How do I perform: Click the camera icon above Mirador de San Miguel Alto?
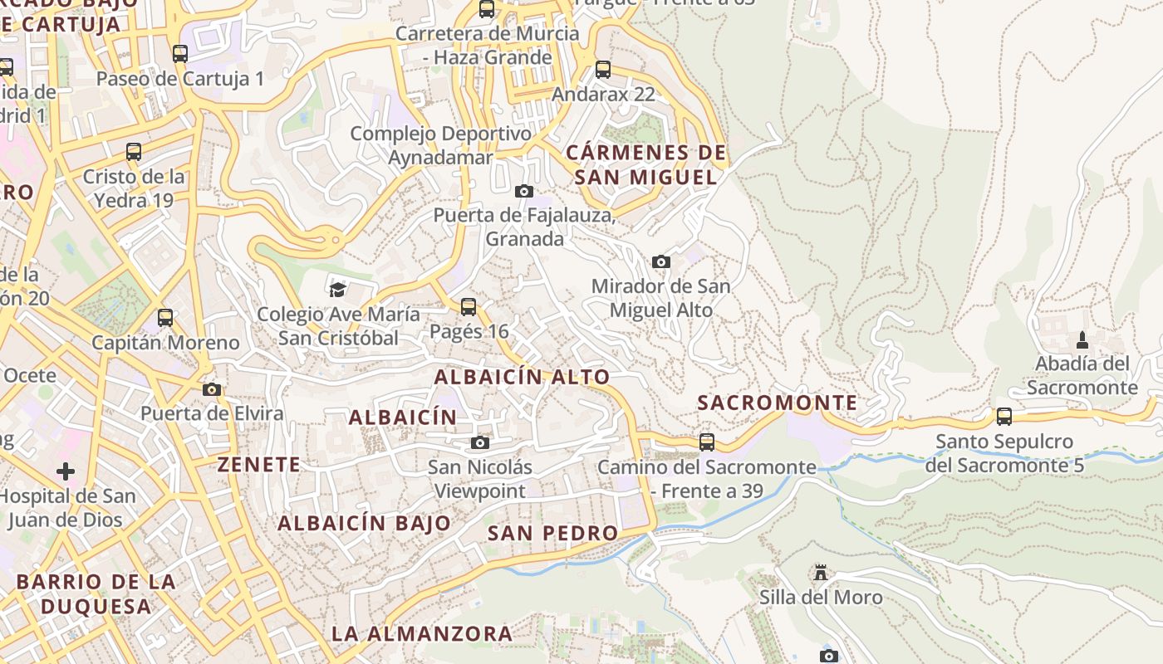coord(661,262)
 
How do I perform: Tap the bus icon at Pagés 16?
coord(469,307)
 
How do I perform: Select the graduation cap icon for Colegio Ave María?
coord(337,290)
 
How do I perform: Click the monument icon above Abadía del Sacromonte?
coord(1082,339)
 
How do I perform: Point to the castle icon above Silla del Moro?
coord(821,573)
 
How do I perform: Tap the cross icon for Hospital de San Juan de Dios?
coord(66,472)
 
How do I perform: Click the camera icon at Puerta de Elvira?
coord(212,389)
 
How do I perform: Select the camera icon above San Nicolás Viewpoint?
coord(480,442)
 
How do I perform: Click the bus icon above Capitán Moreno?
coord(165,318)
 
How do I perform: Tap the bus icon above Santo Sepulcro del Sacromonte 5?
coord(1004,417)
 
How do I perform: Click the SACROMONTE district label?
coord(777,403)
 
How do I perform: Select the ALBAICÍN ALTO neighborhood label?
coord(522,377)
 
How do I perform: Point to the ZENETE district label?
coord(259,465)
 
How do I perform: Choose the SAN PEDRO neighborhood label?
coord(552,533)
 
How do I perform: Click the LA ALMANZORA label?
coord(422,634)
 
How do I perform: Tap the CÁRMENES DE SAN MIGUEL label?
coord(645,164)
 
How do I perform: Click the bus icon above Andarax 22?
coord(603,70)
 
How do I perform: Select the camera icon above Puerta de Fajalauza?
coord(523,192)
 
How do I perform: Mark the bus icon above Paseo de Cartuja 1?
coord(180,55)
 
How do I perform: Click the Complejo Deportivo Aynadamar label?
coord(440,145)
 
